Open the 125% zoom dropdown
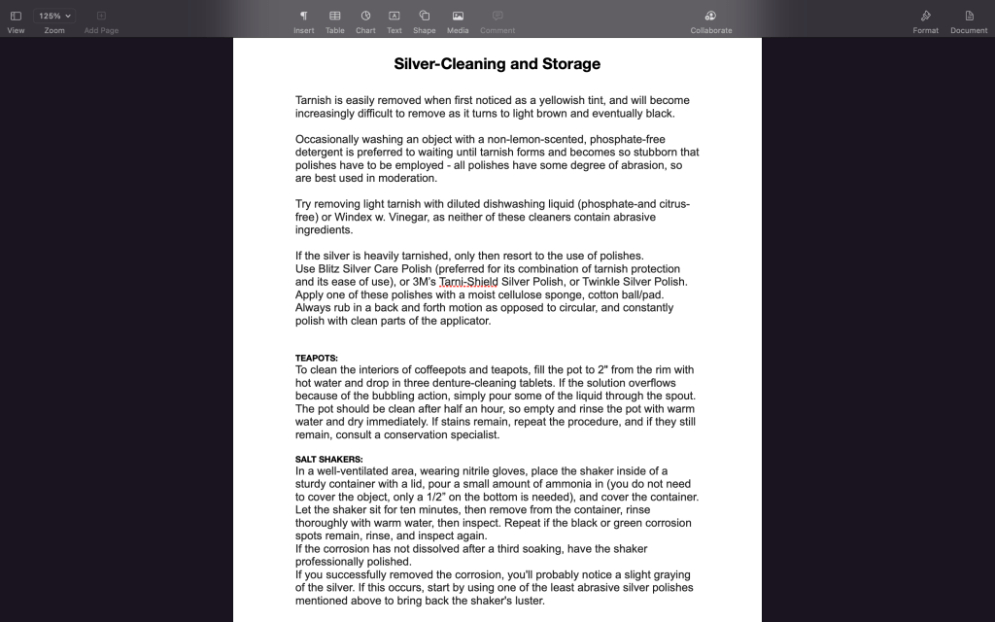coord(54,16)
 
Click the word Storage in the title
coord(569,64)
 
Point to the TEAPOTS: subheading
coord(317,358)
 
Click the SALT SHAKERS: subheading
coord(328,459)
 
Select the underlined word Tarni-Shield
coord(468,282)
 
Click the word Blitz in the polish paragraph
coord(334,269)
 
